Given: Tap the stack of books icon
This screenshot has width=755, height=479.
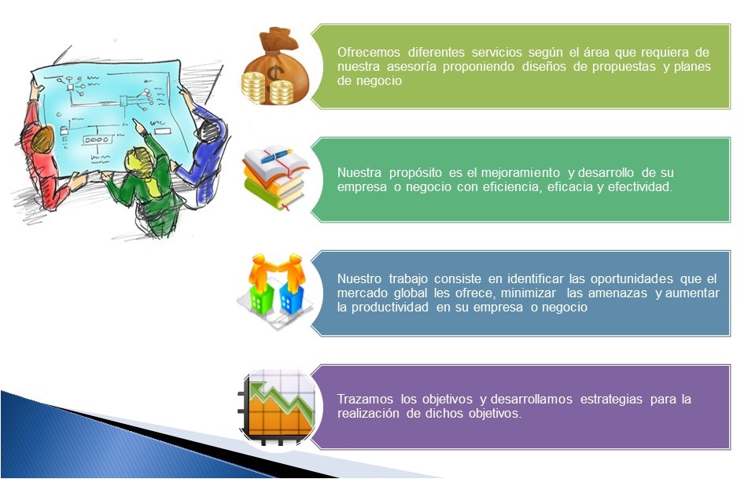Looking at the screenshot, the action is pyautogui.click(x=275, y=178).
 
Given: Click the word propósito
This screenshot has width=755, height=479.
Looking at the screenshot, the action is pyautogui.click(x=415, y=173).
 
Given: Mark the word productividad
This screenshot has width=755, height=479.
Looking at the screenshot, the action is pyautogui.click(x=389, y=307).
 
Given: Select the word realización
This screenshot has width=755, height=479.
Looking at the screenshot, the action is pyautogui.click(x=368, y=414).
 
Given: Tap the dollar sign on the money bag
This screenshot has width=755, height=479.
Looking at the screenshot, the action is pyautogui.click(x=274, y=74).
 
